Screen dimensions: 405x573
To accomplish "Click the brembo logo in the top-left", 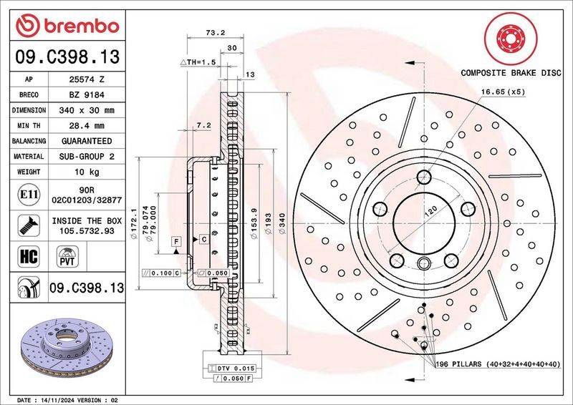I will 67,26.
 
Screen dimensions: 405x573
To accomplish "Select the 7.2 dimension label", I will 203,125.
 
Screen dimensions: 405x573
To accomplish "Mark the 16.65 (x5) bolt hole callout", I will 503,92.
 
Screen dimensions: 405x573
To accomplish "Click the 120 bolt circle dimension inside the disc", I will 433,213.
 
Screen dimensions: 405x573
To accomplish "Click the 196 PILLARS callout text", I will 497,364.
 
